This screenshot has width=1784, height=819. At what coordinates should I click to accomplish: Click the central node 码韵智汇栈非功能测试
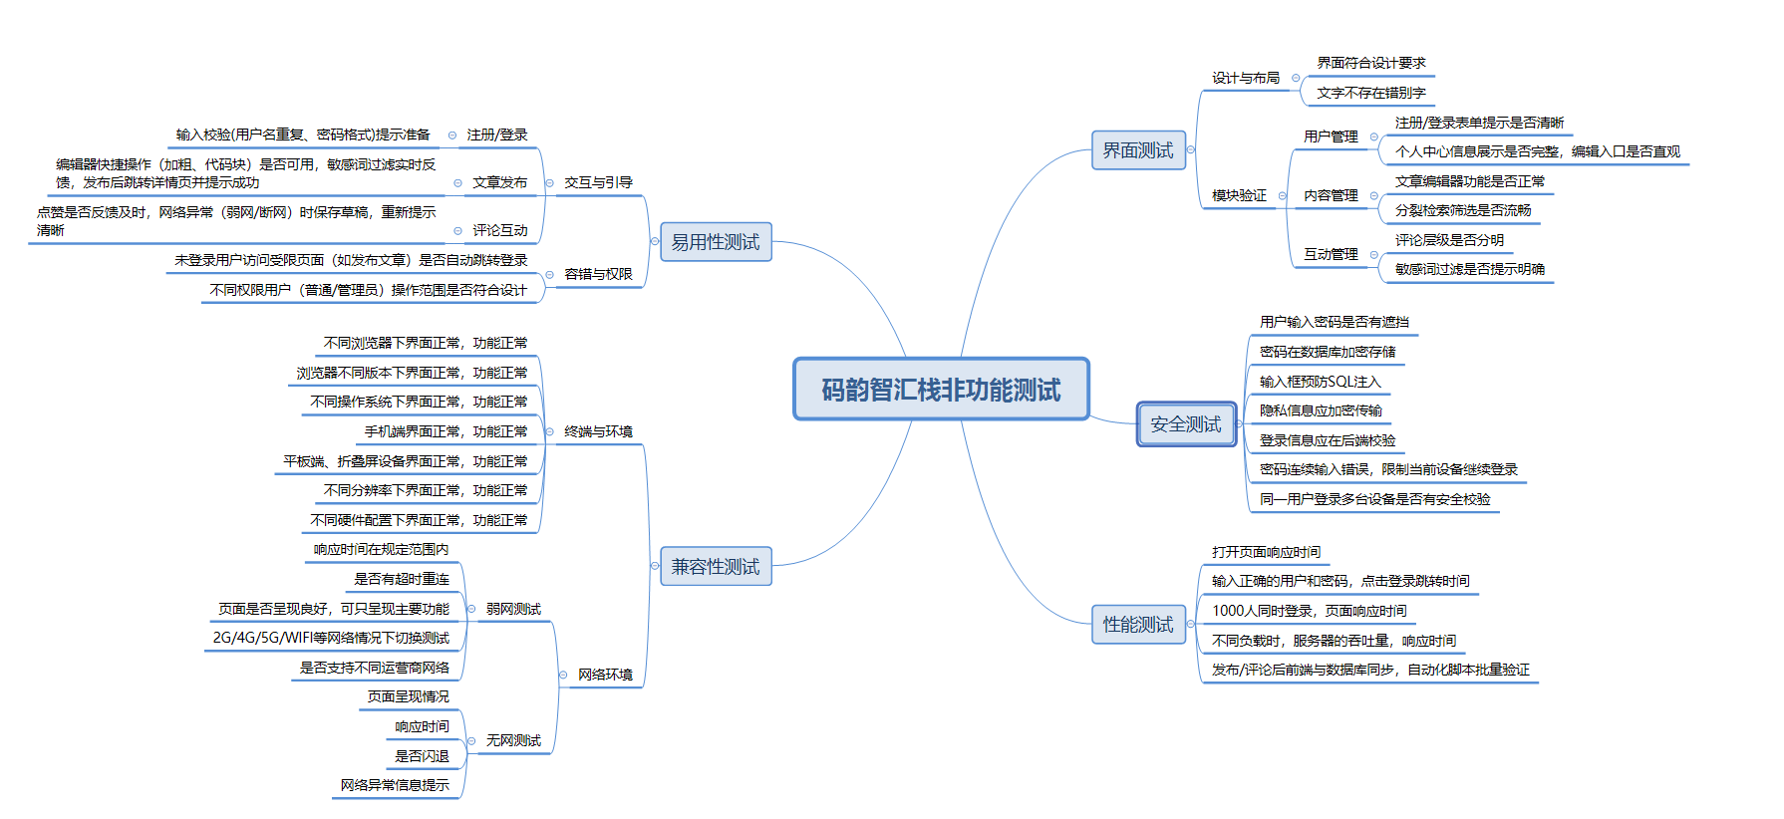coord(941,390)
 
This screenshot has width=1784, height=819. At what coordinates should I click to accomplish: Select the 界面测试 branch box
coord(1138,150)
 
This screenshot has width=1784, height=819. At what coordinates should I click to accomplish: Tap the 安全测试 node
coord(1186,424)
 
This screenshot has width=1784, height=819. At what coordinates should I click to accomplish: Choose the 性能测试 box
coord(1138,625)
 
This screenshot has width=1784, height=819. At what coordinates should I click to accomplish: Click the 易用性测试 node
coord(716,242)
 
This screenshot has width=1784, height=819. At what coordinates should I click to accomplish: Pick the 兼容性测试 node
coord(716,567)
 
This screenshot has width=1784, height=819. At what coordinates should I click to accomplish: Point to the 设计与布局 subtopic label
coord(1246,78)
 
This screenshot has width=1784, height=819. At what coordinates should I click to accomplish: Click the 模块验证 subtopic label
coord(1239,195)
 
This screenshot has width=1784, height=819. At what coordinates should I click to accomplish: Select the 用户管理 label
coord(1331,136)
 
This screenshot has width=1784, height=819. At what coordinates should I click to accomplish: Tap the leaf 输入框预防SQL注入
coord(1320,382)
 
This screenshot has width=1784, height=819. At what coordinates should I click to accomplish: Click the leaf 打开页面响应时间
coord(1266,552)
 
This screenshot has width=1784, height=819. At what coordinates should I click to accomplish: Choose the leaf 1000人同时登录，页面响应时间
coord(1309,611)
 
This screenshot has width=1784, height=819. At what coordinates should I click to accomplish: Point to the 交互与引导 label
coord(598,182)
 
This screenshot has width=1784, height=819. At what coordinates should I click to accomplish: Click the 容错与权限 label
coord(598,274)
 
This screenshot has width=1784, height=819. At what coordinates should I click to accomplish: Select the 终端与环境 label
coord(598,431)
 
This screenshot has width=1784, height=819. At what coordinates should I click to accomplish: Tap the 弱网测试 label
coord(513,609)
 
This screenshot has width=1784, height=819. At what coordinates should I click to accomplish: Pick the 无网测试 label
coord(513,740)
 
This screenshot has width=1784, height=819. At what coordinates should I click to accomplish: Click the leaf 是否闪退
coord(422,756)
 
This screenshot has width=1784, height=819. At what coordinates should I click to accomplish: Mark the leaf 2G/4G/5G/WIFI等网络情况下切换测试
coord(331,638)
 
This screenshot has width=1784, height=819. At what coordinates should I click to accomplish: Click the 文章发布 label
coord(499,182)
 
